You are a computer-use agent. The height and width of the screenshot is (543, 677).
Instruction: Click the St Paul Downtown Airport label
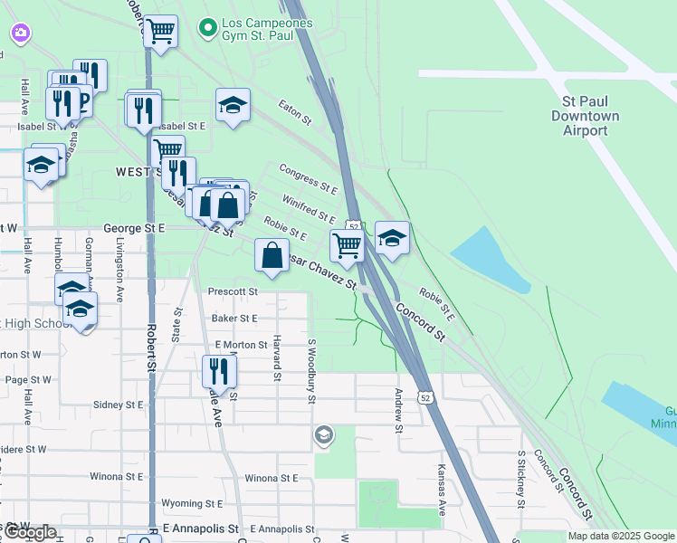coord(586,116)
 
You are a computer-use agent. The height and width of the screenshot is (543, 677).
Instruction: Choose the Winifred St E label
coord(309,208)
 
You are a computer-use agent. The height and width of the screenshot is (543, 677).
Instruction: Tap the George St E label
coord(135,229)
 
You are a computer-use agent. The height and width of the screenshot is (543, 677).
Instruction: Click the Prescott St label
coord(234,292)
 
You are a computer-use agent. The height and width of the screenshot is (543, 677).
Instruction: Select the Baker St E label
coord(234,319)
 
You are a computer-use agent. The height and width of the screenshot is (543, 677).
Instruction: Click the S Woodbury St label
coord(311,366)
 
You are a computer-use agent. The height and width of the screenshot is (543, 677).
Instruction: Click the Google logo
coord(30,532)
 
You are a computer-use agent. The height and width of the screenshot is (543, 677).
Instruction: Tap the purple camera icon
coord(20,33)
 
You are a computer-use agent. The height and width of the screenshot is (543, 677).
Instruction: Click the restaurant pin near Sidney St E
coord(217,371)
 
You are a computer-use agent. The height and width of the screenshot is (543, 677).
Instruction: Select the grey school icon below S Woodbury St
coord(323,436)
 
